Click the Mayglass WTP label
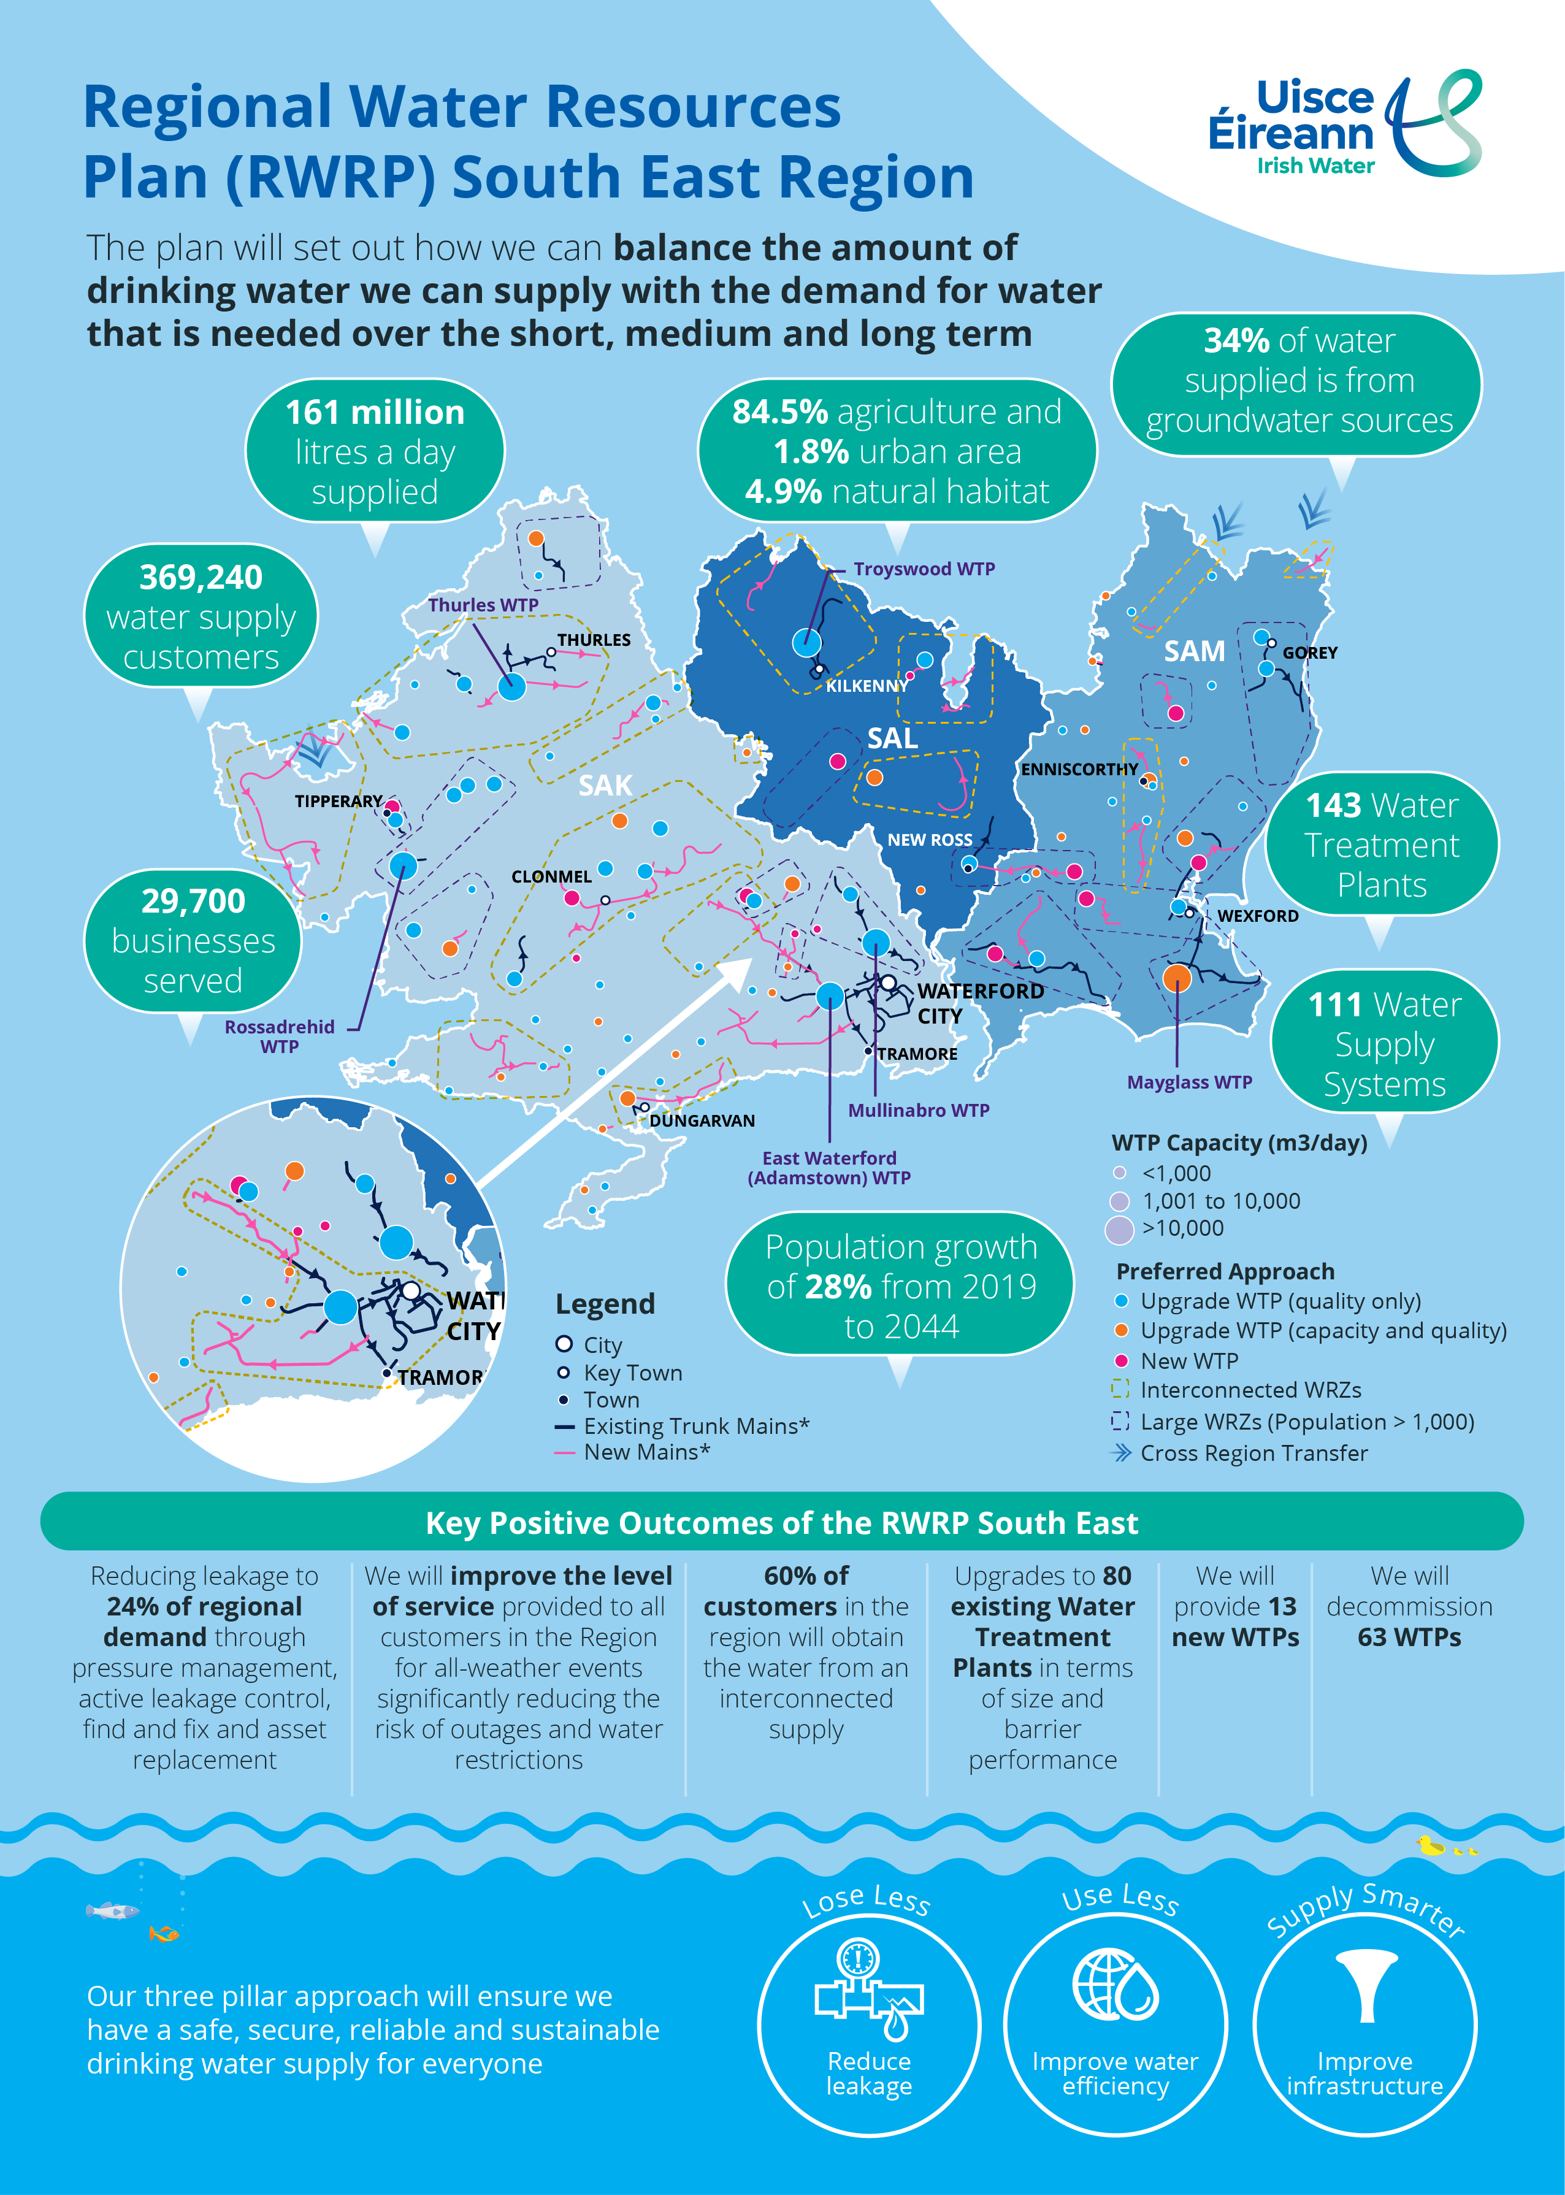click(x=1189, y=1082)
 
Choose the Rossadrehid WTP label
click(x=280, y=1036)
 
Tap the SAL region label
click(x=892, y=739)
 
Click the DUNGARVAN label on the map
click(x=702, y=1120)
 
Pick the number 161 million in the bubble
click(x=375, y=412)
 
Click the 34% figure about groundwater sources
click(x=1236, y=341)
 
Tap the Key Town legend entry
click(x=632, y=1373)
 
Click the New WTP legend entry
click(x=1188, y=1360)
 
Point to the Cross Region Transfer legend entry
click(x=1253, y=1453)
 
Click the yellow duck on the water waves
click(x=1431, y=1846)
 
